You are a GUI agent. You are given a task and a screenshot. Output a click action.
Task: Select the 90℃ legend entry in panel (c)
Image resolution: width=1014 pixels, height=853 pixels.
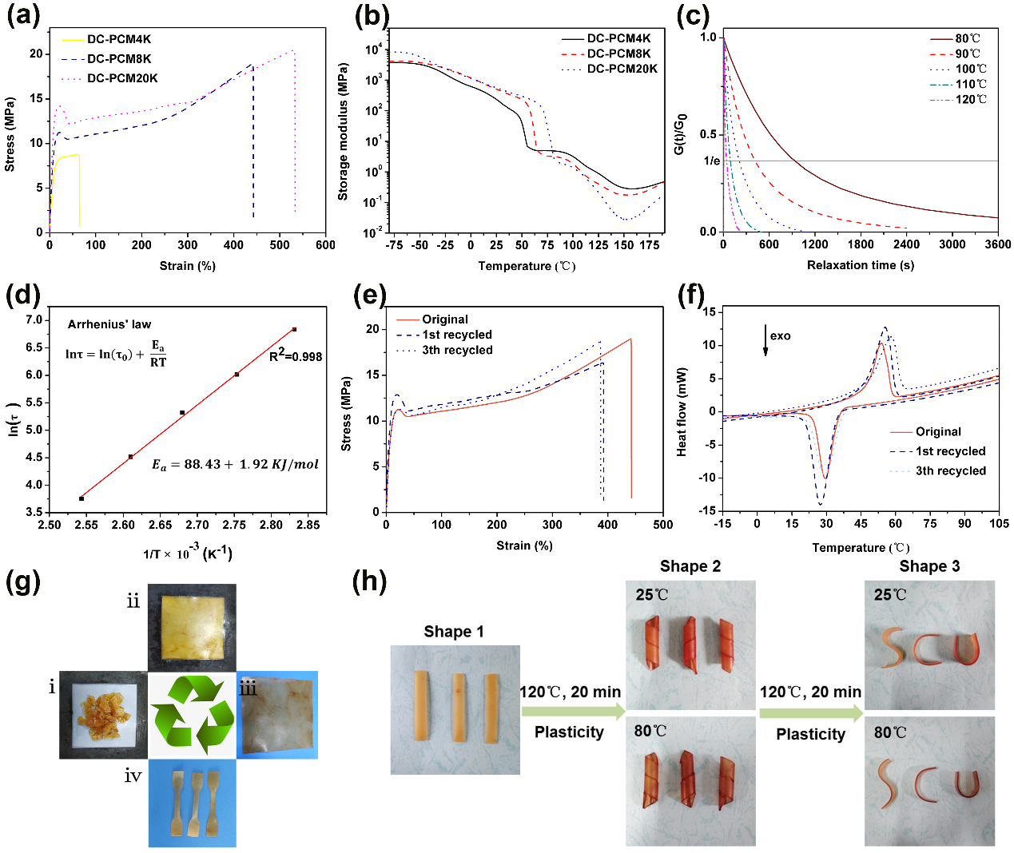967,54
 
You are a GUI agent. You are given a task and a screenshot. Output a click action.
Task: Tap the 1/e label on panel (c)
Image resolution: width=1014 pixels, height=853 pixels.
711,161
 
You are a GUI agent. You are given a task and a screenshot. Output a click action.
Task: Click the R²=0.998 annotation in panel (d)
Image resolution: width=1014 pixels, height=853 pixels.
296,355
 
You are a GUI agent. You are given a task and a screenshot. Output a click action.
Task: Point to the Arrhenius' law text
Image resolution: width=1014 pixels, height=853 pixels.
109,324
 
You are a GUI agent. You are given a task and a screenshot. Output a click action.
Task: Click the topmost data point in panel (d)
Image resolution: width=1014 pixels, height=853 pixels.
294,329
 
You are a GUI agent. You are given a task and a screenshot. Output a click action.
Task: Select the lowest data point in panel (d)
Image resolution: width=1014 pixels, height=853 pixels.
82,498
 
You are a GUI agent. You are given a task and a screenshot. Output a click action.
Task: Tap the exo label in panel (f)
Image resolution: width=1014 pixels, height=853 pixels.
780,335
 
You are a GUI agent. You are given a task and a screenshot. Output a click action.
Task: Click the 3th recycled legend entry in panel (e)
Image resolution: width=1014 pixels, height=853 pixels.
457,350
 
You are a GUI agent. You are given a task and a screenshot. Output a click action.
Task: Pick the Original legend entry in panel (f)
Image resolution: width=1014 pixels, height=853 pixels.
938,431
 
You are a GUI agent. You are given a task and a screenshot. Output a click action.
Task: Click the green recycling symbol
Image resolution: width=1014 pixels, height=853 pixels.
192,715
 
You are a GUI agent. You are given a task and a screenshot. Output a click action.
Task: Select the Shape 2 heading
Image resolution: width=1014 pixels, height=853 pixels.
690,566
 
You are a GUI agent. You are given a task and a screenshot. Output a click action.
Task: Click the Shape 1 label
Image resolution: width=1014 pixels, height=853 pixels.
454,632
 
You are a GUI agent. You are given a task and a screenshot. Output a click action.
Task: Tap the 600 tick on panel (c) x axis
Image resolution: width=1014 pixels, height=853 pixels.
769,244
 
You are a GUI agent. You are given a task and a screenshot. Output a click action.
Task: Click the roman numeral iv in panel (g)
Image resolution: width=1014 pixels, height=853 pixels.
133,776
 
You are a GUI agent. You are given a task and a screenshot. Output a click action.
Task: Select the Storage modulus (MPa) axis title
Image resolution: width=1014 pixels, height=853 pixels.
344,132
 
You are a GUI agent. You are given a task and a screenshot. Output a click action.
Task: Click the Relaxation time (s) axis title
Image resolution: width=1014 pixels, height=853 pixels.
861,265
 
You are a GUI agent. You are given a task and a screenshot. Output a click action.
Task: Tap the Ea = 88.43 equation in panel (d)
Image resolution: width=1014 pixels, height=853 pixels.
235,465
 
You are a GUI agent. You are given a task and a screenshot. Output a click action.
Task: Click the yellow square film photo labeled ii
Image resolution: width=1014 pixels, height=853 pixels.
193,627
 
